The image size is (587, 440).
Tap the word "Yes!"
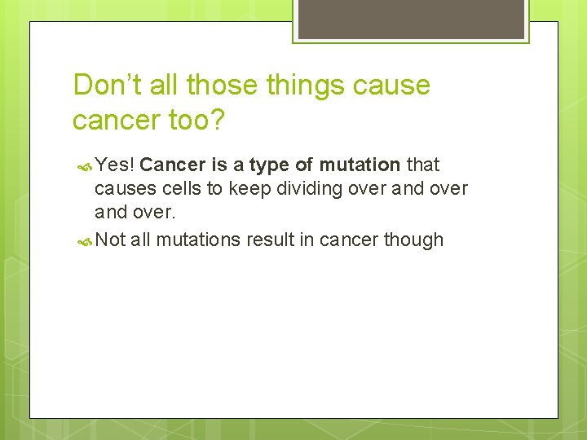(x=115, y=165)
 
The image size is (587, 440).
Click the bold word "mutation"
(x=360, y=165)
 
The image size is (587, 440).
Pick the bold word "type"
(x=269, y=165)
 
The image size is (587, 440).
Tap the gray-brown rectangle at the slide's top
(x=411, y=19)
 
